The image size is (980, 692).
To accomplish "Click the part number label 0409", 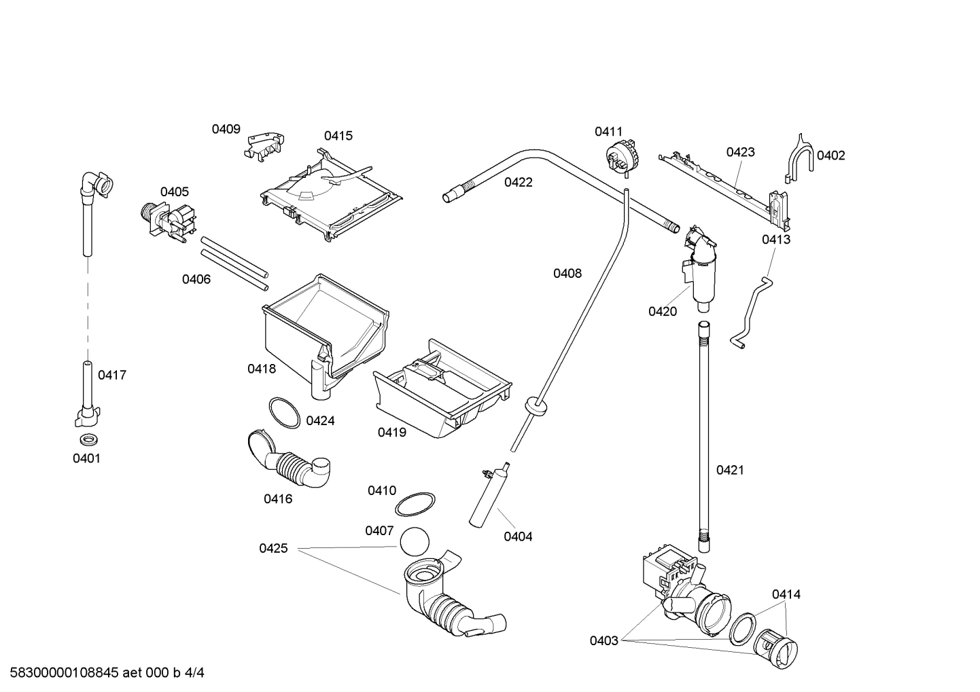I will click(x=226, y=129).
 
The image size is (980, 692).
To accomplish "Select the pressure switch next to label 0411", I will click(x=620, y=156).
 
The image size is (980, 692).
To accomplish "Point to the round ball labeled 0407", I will click(x=415, y=542).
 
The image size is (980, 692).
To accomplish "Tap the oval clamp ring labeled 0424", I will click(x=283, y=412).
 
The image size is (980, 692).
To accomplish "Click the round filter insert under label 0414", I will click(x=778, y=653).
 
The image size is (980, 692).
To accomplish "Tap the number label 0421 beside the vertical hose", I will click(x=730, y=470).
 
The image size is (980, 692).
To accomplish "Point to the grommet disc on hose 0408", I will click(x=537, y=405).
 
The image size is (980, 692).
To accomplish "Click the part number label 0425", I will click(x=273, y=548).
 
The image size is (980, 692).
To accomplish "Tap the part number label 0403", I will click(x=603, y=640).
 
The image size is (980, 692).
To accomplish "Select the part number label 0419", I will click(x=391, y=432).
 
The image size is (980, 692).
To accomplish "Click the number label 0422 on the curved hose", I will click(x=518, y=182).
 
